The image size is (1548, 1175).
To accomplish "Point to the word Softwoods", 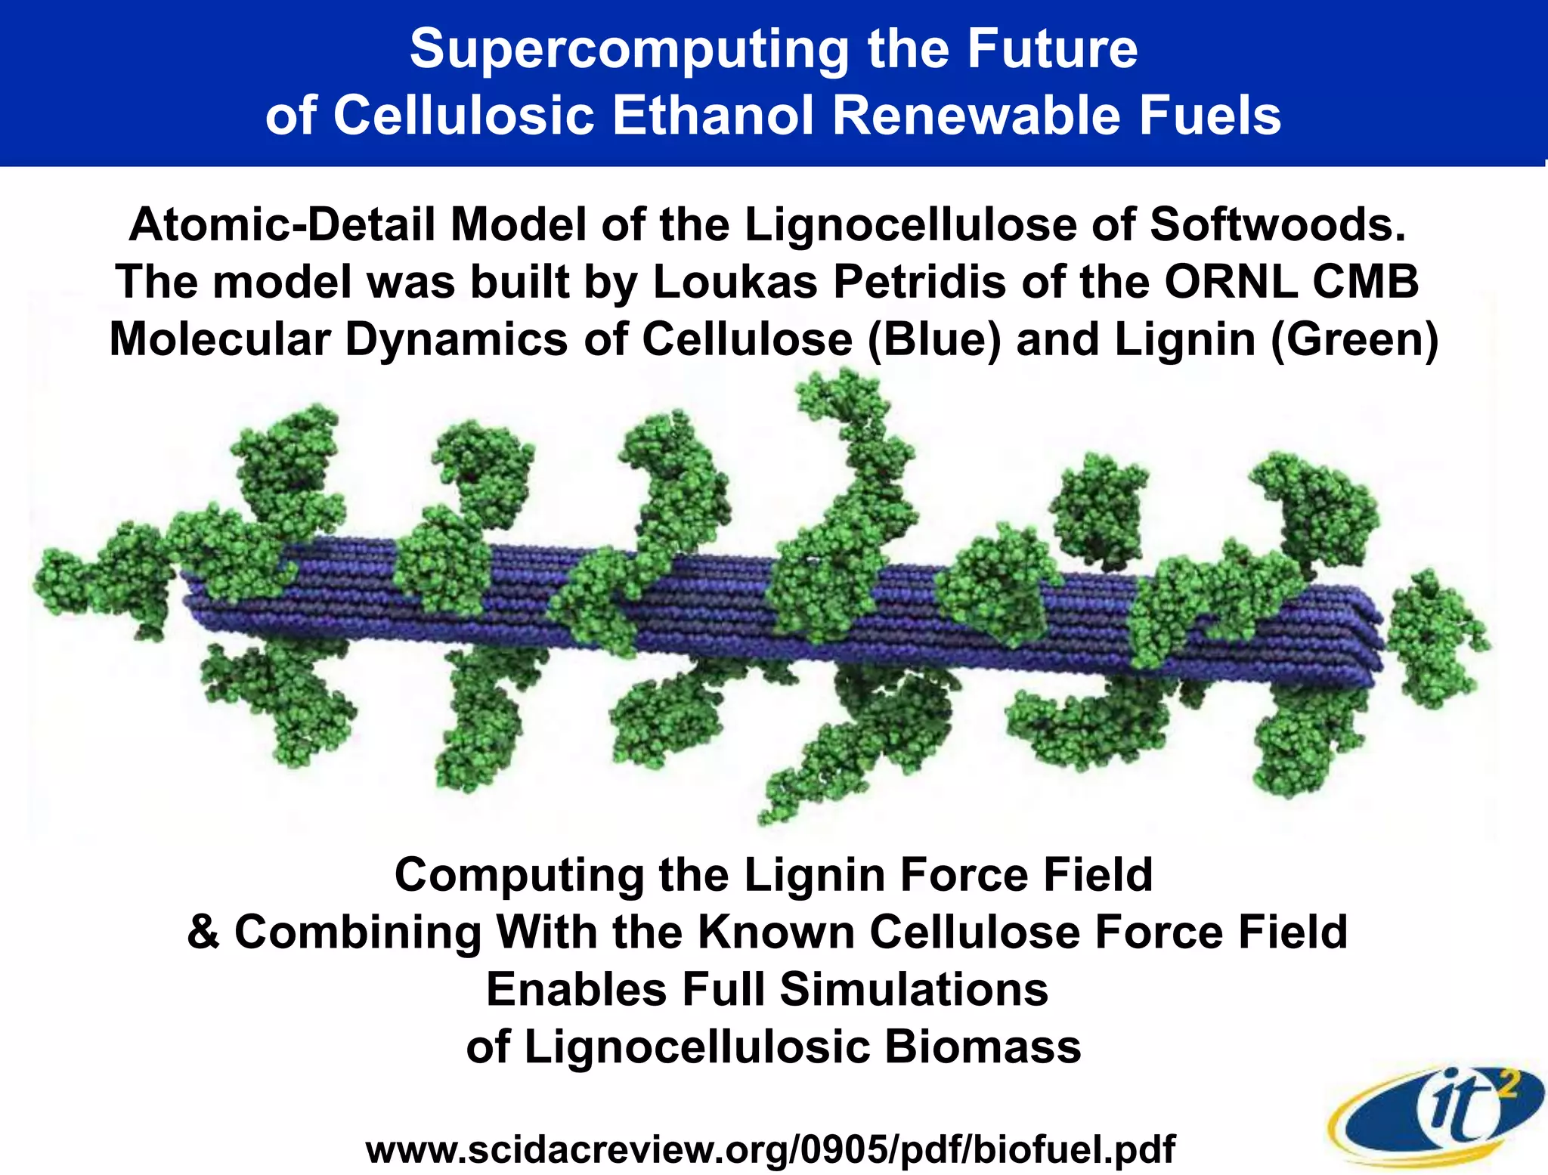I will coord(1277,224).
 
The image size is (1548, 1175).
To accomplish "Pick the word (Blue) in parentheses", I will coord(933,339).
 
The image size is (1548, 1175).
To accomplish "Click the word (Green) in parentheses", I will coord(1354,339).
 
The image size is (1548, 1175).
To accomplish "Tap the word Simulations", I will coord(914,989).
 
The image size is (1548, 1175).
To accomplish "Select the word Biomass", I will coord(983,1047).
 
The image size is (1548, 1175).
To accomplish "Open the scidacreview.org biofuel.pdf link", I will coord(769,1149).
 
